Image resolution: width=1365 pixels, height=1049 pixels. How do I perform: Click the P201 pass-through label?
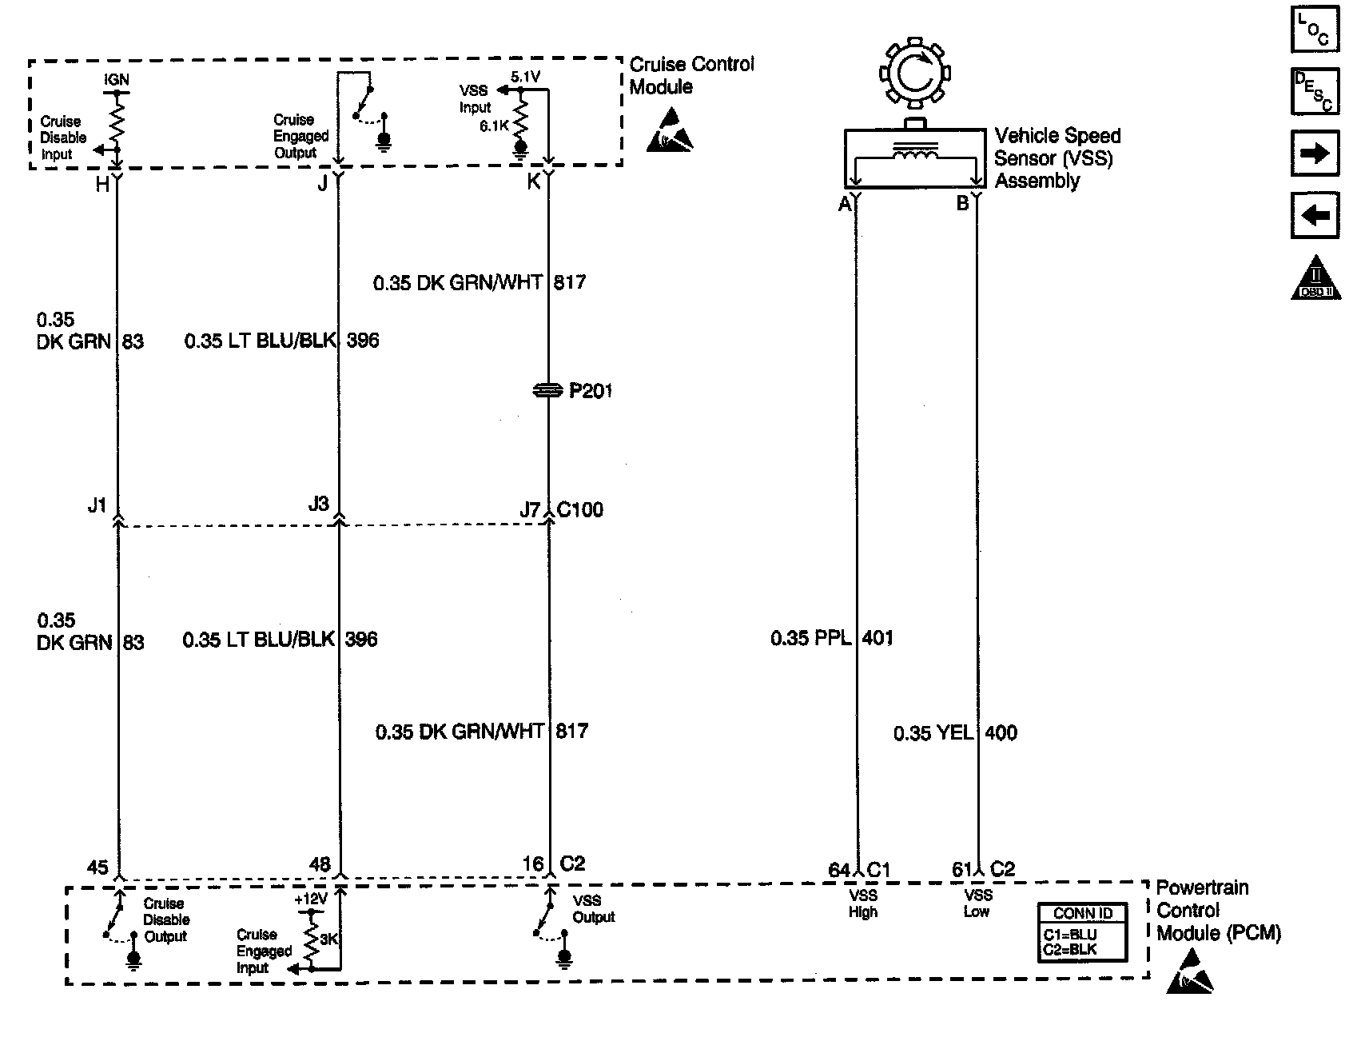coord(590,391)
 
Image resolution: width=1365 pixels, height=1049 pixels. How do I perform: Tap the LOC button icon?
coord(1315,30)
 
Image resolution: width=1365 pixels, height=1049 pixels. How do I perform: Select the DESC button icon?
coord(1315,92)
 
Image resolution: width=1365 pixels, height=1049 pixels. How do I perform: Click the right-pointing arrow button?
coord(1315,153)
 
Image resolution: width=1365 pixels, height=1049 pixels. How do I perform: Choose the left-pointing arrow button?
coord(1315,215)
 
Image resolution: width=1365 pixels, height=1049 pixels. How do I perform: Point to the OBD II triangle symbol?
coord(1315,279)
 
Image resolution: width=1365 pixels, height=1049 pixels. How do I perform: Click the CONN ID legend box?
coord(1082,932)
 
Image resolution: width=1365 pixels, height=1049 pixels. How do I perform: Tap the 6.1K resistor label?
coord(494,126)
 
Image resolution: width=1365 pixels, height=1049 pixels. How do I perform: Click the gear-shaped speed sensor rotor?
coord(914,74)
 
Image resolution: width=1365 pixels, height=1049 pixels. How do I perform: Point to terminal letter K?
coord(533,182)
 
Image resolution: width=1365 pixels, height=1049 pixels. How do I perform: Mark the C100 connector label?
coord(580,509)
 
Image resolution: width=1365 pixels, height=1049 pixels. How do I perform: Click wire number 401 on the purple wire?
coord(878,638)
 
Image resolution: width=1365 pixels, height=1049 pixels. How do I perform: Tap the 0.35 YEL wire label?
coord(933,733)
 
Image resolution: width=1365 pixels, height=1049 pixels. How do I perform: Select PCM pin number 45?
coord(97,868)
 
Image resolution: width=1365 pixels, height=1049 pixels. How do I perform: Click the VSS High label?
coord(863,903)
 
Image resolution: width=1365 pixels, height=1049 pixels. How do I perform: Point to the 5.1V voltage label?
coord(525,77)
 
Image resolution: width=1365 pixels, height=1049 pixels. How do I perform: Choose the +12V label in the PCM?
coord(310,899)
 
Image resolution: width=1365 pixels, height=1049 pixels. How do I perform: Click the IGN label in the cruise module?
coord(117,80)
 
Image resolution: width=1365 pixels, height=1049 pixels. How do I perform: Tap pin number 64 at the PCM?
coord(839,870)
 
